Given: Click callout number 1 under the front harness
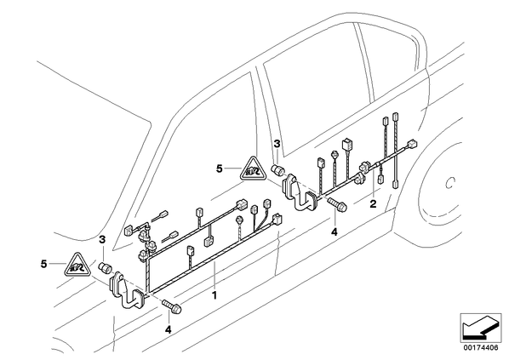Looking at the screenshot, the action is (214, 295).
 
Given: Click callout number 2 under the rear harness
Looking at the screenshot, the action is (373, 204).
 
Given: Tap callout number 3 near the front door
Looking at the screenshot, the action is (102, 240).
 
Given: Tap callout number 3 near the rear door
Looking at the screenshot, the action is (277, 144).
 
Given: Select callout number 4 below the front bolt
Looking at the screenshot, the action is (168, 330).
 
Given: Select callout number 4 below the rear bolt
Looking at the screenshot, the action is (334, 231).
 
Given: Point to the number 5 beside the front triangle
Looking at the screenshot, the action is (43, 264).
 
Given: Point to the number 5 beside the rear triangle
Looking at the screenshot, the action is (220, 169).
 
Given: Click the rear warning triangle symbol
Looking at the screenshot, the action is (253, 169).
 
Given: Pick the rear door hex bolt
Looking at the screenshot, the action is (338, 204).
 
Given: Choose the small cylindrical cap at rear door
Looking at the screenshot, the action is (277, 170).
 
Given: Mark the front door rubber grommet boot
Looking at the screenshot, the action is (128, 291).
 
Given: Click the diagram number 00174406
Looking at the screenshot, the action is (480, 348).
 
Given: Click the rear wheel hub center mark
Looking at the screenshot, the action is (449, 184).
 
